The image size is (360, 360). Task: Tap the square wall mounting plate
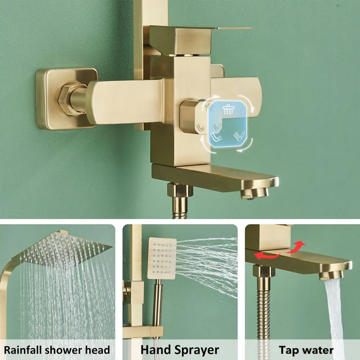[67, 99]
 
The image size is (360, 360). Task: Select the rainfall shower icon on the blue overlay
[228, 109]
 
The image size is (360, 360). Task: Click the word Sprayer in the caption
[197, 351]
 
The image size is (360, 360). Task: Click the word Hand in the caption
[156, 350]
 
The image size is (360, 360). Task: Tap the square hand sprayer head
[162, 258]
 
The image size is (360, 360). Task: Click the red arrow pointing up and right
[296, 247]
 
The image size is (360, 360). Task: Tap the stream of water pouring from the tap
[334, 312]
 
